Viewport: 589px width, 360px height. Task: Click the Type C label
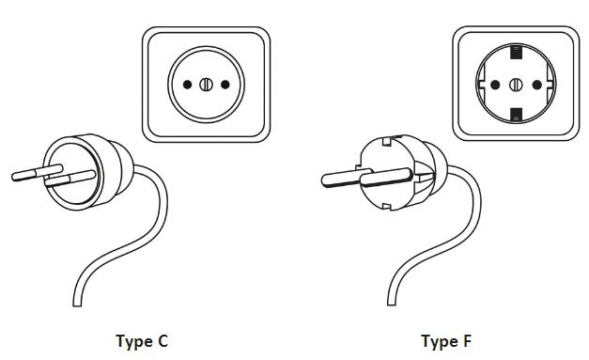click(142, 342)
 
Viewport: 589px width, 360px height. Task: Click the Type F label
click(446, 342)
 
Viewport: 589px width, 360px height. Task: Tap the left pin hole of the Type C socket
click(187, 85)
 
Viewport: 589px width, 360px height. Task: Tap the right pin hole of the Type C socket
click(225, 85)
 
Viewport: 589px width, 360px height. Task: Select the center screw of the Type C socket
click(207, 85)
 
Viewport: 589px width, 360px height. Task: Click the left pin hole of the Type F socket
click(495, 85)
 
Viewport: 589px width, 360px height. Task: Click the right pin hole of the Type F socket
click(537, 85)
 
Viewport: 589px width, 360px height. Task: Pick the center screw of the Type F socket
click(516, 85)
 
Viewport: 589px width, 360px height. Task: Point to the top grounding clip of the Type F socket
click(516, 53)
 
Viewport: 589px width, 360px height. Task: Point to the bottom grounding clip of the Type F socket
click(517, 115)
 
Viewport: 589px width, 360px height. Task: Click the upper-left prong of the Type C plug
click(37, 173)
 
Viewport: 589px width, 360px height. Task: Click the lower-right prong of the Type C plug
click(70, 179)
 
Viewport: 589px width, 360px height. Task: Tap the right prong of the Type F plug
click(387, 178)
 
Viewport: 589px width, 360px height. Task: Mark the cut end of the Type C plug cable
click(77, 305)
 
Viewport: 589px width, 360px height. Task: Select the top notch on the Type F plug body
click(386, 141)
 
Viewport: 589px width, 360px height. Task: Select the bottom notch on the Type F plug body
click(386, 206)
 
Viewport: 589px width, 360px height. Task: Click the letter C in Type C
click(163, 341)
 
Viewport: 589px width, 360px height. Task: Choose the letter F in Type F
click(467, 341)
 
